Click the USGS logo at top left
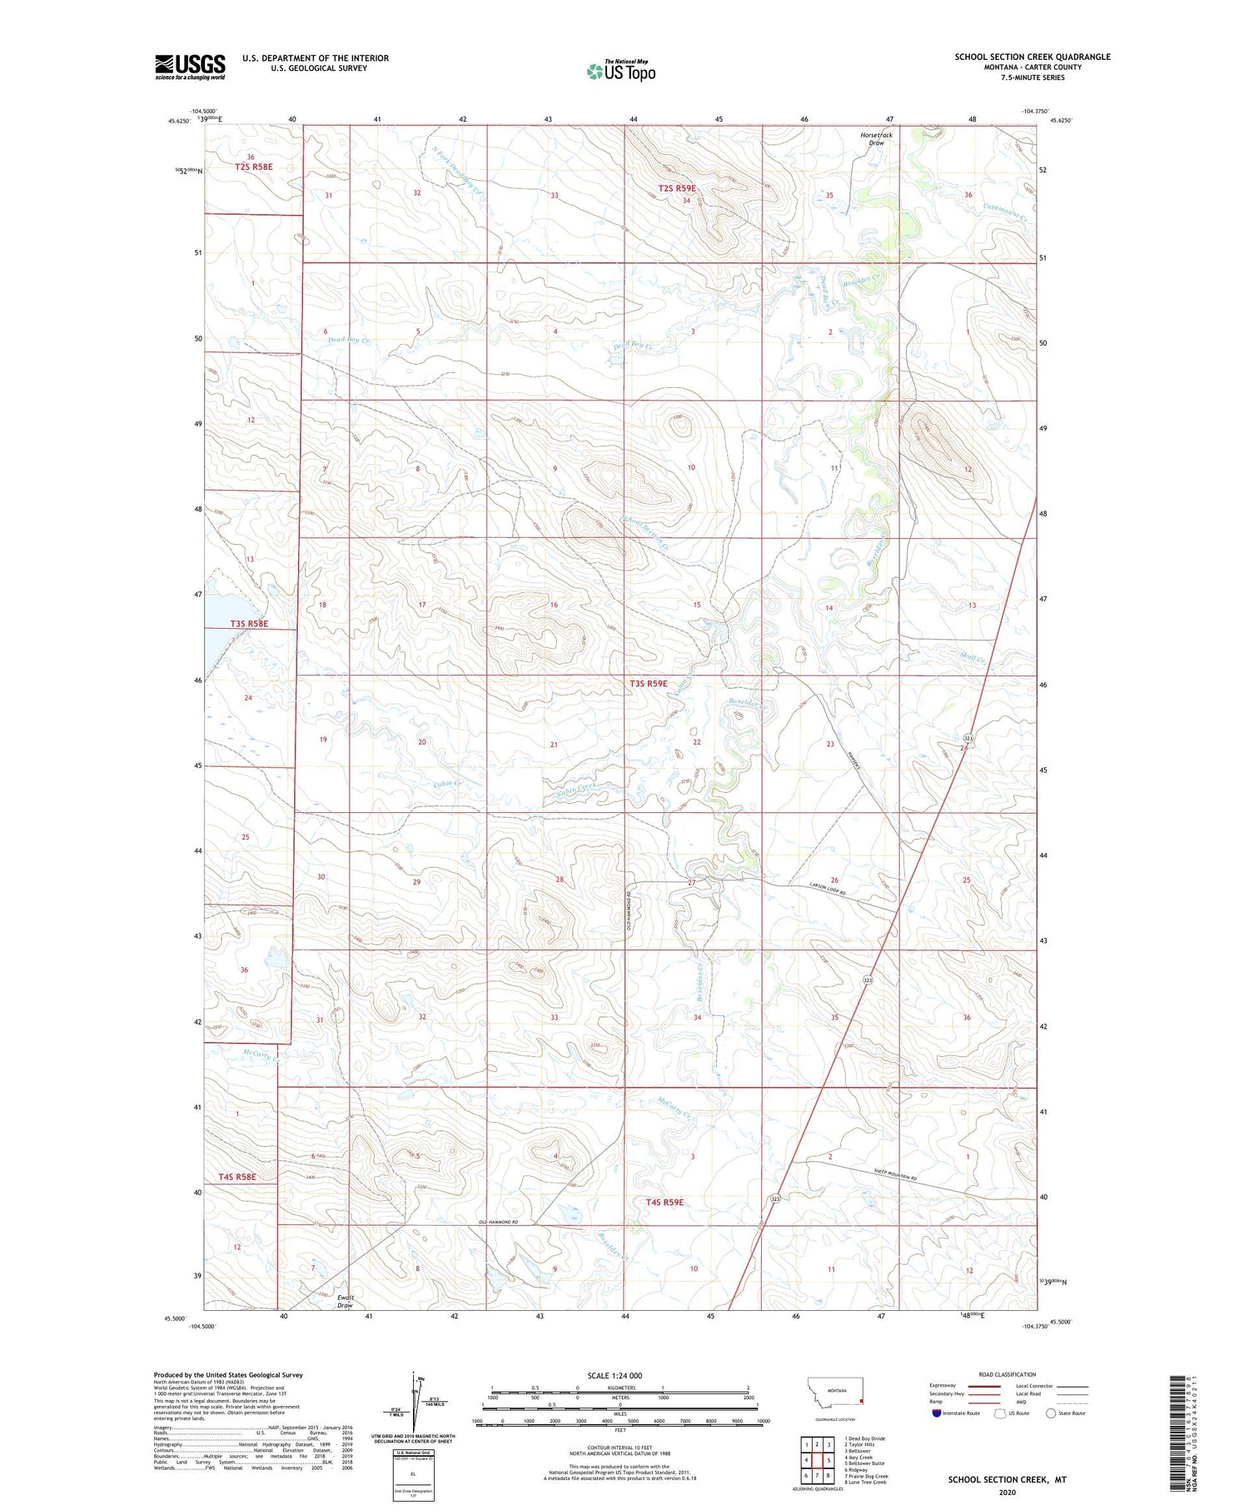(x=190, y=67)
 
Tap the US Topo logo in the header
(x=621, y=71)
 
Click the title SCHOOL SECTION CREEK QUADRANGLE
(x=1032, y=57)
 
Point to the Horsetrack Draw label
(x=876, y=138)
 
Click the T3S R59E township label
(x=648, y=683)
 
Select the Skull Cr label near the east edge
(x=972, y=658)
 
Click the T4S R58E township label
(x=237, y=1176)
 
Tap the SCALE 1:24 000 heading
(x=615, y=1375)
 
